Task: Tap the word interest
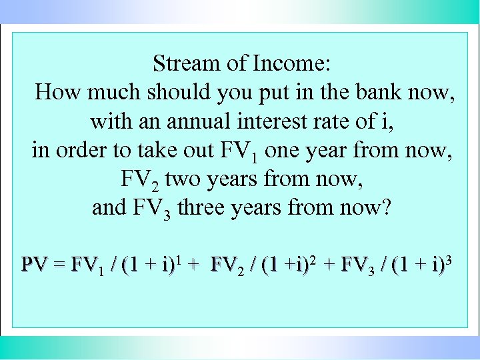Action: click(276, 121)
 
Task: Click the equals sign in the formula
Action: click(59, 265)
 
